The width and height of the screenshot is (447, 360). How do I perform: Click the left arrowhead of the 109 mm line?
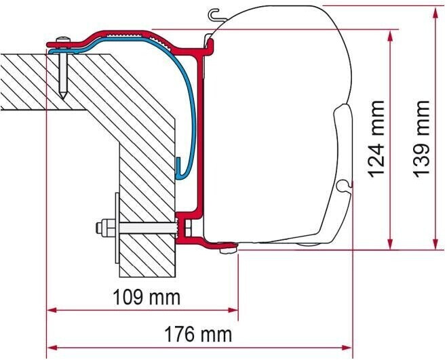(x=52, y=311)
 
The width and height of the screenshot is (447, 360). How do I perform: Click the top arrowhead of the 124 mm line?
(x=389, y=35)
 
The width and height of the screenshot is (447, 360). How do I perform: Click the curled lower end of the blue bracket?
(x=180, y=169)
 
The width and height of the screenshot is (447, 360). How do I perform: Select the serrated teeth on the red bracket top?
(x=133, y=33)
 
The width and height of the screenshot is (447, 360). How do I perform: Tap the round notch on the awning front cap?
(x=348, y=184)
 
